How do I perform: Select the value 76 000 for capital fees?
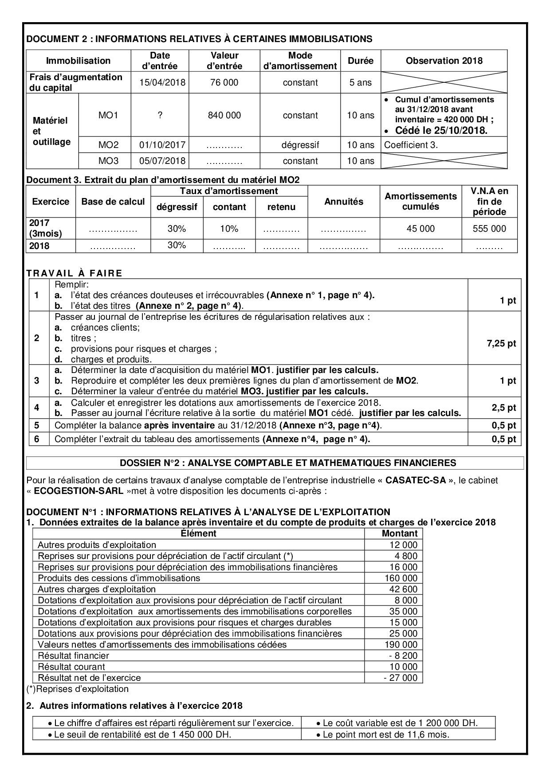pyautogui.click(x=224, y=82)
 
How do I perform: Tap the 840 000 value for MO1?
pyautogui.click(x=224, y=115)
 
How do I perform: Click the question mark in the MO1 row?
pyautogui.click(x=160, y=115)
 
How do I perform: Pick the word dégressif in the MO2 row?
pyautogui.click(x=300, y=145)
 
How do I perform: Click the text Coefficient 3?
pyautogui.click(x=411, y=145)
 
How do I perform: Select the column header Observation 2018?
pyautogui.click(x=444, y=61)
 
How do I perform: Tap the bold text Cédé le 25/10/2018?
pyautogui.click(x=441, y=131)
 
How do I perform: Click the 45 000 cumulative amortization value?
pyautogui.click(x=420, y=229)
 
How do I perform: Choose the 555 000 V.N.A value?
pyautogui.click(x=489, y=229)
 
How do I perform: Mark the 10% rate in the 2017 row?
pyautogui.click(x=229, y=229)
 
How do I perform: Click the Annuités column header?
pyautogui.click(x=344, y=202)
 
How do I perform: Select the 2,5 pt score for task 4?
pyautogui.click(x=504, y=408)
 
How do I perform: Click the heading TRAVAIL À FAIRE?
pyautogui.click(x=74, y=273)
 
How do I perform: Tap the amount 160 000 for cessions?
pyautogui.click(x=401, y=578)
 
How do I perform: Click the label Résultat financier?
pyautogui.click(x=74, y=656)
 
